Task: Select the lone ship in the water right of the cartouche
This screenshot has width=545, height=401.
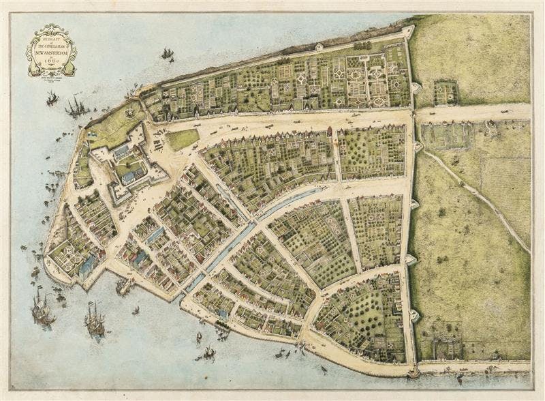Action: (x=167, y=53)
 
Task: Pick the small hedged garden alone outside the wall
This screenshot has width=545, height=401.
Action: (x=446, y=92)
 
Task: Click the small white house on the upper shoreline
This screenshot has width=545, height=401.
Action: (x=320, y=47)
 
